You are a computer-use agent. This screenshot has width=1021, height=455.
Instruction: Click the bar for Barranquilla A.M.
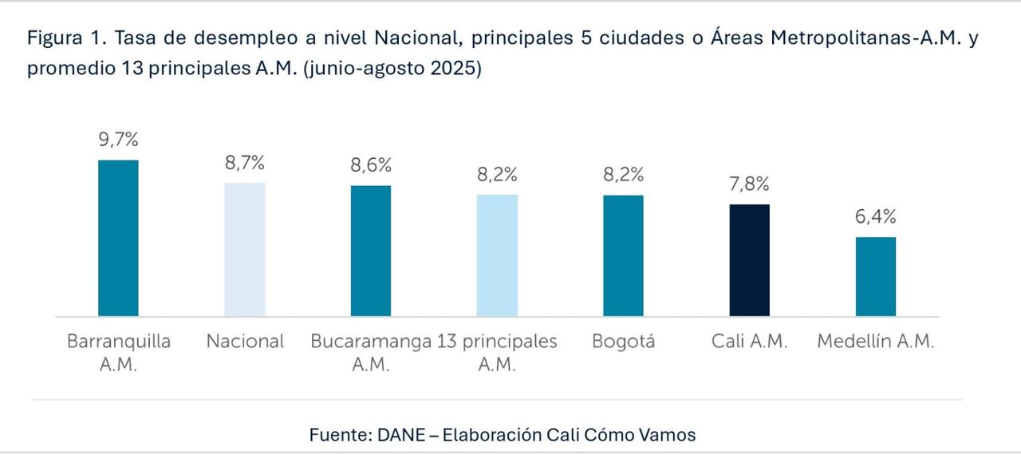[x=118, y=238]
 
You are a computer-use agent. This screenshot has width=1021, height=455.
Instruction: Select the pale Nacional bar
[x=245, y=249]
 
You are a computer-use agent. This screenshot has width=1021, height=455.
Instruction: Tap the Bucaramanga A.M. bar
[x=371, y=251]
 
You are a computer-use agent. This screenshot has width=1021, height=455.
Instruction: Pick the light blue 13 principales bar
[x=497, y=255]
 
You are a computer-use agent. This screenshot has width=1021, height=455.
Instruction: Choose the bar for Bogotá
[x=623, y=255]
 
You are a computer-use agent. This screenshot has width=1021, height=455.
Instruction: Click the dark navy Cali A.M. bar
[x=750, y=260]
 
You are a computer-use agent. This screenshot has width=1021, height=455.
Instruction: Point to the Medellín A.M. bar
[x=876, y=276]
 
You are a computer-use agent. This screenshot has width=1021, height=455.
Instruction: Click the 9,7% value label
[x=118, y=140]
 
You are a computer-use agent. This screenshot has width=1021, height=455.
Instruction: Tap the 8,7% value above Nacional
[x=245, y=164]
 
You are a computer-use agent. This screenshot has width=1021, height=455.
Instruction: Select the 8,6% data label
[x=371, y=166]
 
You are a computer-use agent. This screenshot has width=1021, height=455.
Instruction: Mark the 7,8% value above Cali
[x=750, y=184]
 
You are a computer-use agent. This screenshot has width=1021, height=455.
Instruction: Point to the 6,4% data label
[x=876, y=217]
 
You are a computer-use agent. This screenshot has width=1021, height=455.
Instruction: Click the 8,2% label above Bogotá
[x=623, y=176]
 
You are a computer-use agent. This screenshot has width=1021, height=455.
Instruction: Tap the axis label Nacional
[x=245, y=342]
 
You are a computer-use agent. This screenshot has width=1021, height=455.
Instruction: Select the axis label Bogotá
[x=623, y=342]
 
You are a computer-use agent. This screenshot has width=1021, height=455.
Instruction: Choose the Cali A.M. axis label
[x=750, y=342]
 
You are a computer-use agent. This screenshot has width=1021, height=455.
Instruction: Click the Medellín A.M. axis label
[x=876, y=342]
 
